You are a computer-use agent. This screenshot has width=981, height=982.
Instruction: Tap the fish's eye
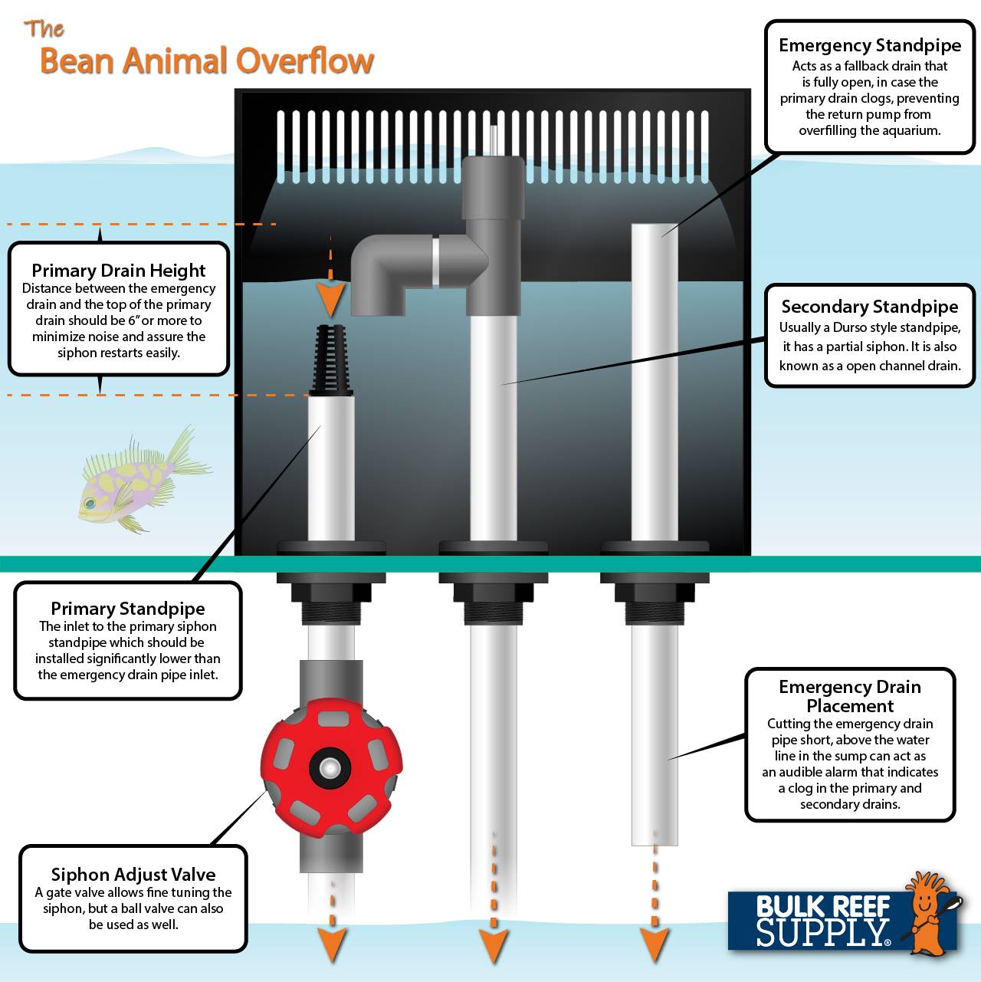click(x=90, y=504)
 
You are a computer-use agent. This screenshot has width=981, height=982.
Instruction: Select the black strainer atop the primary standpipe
click(x=331, y=360)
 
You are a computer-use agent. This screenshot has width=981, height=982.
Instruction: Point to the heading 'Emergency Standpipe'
click(x=870, y=45)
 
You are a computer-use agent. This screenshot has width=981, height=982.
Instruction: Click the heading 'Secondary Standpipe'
click(x=869, y=307)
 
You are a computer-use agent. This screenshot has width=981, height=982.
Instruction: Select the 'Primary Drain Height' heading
click(x=118, y=270)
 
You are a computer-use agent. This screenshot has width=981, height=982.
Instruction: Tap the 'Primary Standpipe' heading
click(x=127, y=609)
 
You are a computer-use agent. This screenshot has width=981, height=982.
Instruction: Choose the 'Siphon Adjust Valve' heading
click(x=133, y=875)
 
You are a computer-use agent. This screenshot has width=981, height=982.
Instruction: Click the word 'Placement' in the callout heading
click(x=850, y=706)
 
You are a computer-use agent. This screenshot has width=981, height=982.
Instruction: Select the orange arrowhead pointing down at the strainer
click(x=331, y=301)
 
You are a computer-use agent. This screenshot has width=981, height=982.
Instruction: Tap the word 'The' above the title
click(x=44, y=28)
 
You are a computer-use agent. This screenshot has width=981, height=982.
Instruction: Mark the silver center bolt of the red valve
click(x=331, y=767)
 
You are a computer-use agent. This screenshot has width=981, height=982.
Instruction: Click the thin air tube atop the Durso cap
click(x=493, y=140)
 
